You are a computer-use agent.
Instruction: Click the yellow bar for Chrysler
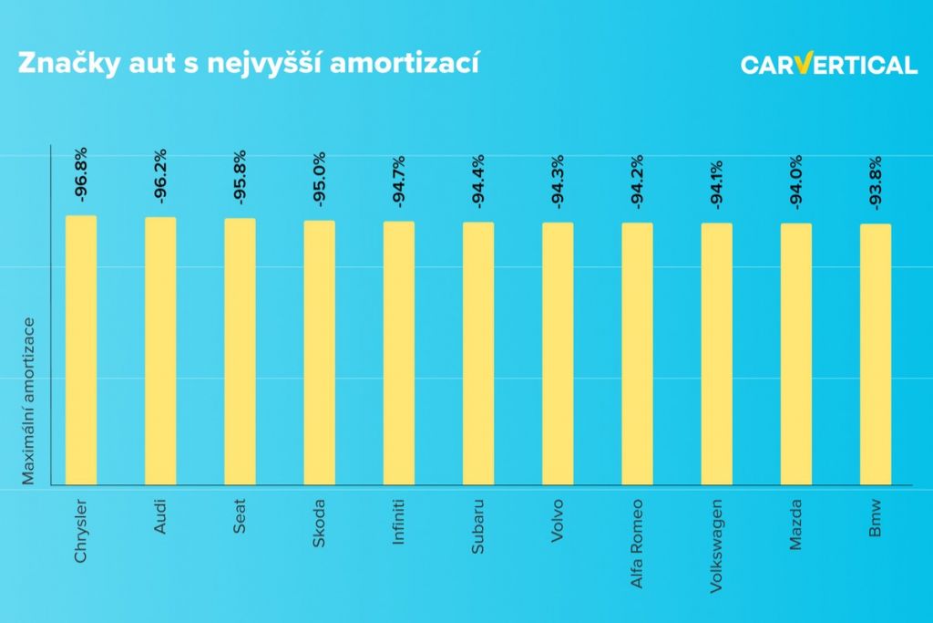[x=81, y=350]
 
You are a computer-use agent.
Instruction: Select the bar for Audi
[x=160, y=351]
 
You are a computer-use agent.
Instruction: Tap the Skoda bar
[x=319, y=353]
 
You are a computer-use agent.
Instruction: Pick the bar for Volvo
[x=558, y=354]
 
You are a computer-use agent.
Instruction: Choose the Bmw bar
[x=876, y=355]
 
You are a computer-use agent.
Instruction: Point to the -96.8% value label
[x=81, y=173]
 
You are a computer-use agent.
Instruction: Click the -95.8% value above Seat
[x=240, y=175]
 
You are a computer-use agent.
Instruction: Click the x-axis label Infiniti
[x=398, y=522]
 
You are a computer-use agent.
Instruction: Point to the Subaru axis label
[x=477, y=524]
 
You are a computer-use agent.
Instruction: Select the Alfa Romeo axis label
[x=637, y=543]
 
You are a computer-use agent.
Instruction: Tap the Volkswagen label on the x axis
[x=716, y=545]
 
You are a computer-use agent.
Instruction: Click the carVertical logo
[x=828, y=65]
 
